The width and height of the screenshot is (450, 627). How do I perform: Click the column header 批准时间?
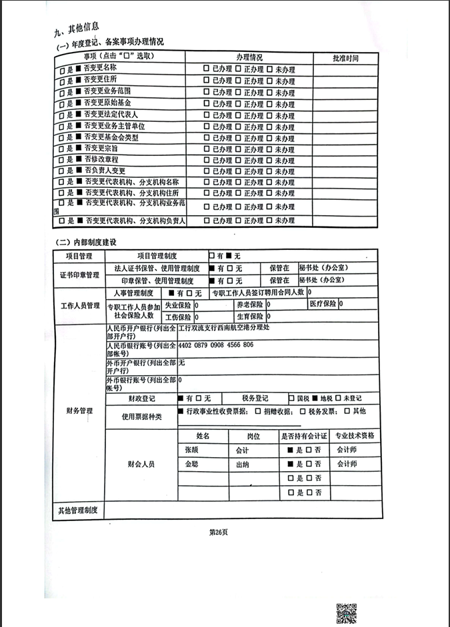(x=345, y=58)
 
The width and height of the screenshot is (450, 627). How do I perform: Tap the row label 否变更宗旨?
(x=101, y=148)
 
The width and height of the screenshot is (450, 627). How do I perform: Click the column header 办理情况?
(x=249, y=57)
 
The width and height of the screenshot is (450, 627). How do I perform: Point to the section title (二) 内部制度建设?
(x=85, y=241)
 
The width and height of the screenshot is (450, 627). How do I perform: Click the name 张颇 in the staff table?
(x=191, y=450)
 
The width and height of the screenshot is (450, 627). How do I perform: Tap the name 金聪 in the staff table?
(x=191, y=464)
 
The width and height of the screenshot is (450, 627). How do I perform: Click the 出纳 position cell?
(x=242, y=464)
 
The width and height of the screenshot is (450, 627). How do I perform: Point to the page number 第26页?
(x=219, y=531)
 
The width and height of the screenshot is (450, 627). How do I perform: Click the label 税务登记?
(x=255, y=398)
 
